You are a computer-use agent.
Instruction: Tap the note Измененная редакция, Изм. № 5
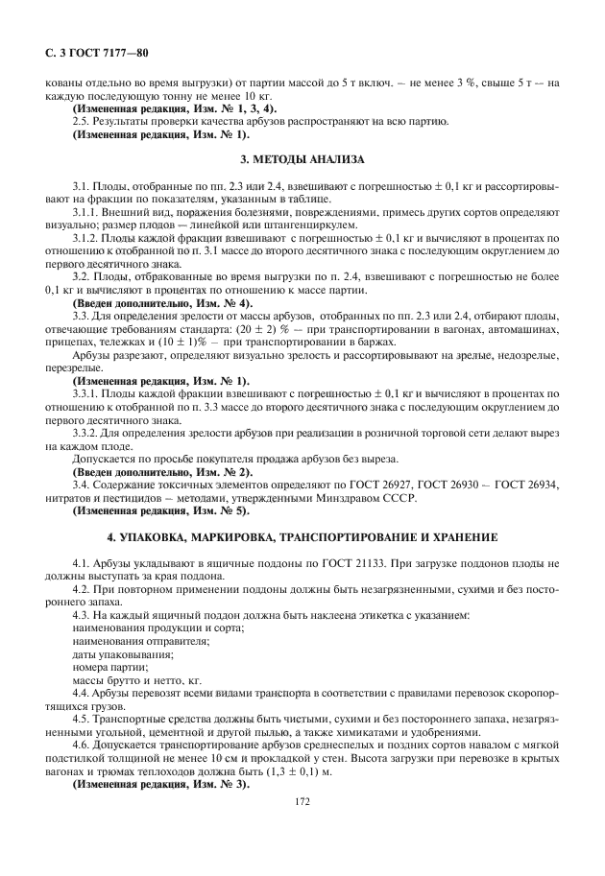[x=159, y=509]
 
